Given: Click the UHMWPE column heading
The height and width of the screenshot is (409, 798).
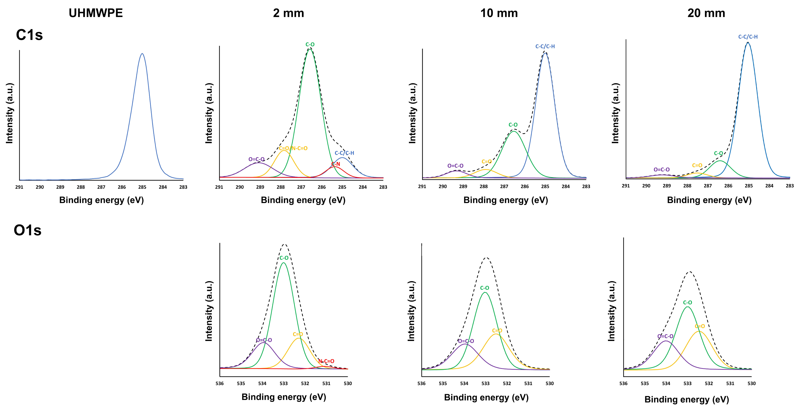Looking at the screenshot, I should point(96,13).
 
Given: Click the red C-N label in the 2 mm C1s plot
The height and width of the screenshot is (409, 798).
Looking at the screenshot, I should point(336,164).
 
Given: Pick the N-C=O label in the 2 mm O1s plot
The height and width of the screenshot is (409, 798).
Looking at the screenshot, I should point(326,361).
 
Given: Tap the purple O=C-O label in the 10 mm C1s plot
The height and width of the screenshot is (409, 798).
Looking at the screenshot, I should point(455,166).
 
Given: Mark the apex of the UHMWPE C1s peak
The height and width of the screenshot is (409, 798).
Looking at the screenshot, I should point(142,54).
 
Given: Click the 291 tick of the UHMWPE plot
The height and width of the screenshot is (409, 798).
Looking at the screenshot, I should point(19,187).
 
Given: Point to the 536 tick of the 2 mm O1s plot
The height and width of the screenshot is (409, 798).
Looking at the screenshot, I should point(220,383).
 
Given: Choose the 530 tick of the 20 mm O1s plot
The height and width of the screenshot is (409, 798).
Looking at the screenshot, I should point(752,383).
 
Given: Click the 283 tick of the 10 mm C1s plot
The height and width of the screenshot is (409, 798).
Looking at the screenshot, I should point(586,186).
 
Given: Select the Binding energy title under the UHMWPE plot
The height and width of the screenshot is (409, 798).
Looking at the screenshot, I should point(102,200).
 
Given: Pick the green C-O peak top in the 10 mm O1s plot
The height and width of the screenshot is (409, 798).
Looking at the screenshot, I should point(485,292).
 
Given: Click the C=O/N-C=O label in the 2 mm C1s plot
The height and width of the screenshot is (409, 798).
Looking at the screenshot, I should point(293,148).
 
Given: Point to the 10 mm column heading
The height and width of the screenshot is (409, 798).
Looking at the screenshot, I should point(499,13).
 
